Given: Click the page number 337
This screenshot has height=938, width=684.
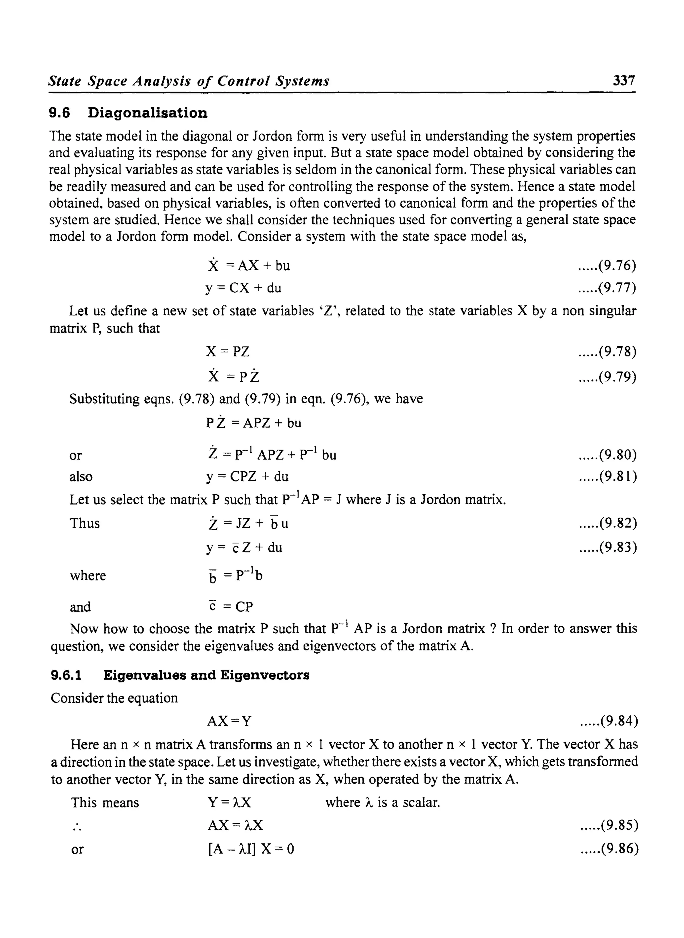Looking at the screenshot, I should (624, 81).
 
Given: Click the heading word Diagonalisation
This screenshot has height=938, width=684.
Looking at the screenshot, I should (147, 113).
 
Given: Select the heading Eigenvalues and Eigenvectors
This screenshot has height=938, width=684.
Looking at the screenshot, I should (206, 675).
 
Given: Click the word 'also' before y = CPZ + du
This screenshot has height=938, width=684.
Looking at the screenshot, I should (81, 477).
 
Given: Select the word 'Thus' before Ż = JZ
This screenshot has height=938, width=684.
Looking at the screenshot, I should (84, 523).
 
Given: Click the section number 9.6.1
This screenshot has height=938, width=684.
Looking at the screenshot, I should (66, 675).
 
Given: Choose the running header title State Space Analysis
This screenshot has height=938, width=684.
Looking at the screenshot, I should (188, 81).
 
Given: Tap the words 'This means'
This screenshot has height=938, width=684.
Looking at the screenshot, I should (105, 803).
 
